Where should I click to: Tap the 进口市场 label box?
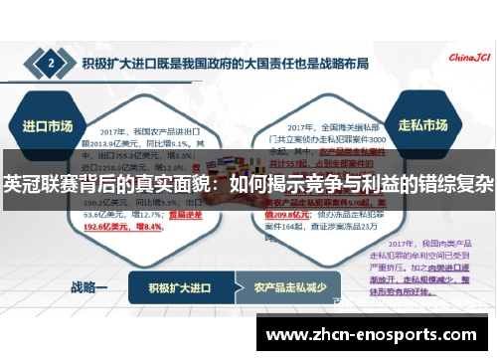coord(47,126)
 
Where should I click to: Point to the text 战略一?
coord(88,287)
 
